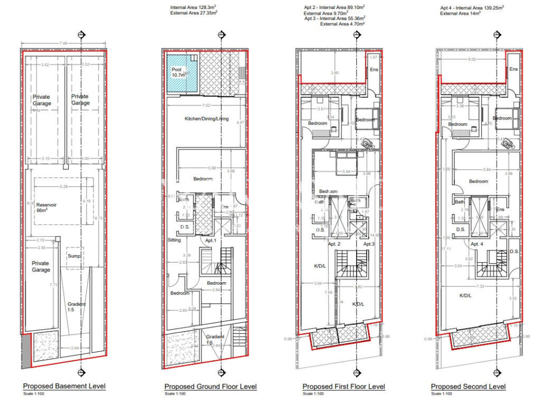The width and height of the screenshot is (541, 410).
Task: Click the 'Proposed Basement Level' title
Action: tap(64, 386)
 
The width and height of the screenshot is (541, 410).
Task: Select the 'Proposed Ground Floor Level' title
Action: tap(210, 387)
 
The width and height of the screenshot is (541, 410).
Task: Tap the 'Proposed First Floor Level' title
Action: tap(343, 387)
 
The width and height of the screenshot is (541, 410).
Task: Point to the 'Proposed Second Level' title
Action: tap(468, 387)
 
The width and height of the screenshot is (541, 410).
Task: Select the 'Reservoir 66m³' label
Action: tap(46, 208)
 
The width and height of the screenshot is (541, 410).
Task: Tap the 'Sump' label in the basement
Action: tap(74, 256)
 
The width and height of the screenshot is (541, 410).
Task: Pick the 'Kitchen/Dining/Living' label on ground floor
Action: tap(207, 119)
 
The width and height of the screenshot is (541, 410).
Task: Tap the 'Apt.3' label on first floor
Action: tap(369, 244)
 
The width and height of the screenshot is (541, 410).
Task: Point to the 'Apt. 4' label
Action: tap(477, 244)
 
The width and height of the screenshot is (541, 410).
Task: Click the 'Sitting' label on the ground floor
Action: tap(174, 240)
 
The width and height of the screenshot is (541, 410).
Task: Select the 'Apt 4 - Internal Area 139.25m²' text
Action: tap(472, 8)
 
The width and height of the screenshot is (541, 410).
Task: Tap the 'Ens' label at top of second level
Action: tap(514, 69)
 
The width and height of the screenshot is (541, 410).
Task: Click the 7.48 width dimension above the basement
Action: tap(63, 43)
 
